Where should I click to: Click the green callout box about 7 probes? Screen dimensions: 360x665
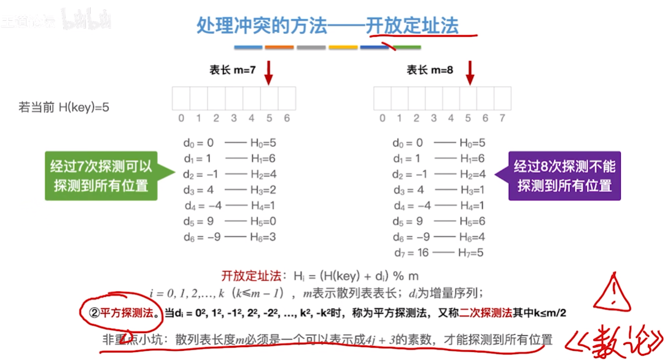click(x=101, y=176)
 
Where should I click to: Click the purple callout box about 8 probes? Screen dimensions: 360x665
click(x=564, y=176)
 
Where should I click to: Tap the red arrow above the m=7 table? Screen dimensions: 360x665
click(x=268, y=74)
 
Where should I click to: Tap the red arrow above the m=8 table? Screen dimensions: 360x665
click(x=470, y=74)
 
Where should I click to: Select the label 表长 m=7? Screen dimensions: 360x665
click(x=232, y=70)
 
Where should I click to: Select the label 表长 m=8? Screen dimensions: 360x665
click(x=430, y=70)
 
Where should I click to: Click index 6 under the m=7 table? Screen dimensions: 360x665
click(x=287, y=118)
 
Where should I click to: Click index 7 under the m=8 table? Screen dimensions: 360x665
click(x=502, y=118)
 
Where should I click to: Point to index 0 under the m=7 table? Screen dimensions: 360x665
click(x=181, y=118)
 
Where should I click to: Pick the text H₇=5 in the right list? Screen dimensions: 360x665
click(x=472, y=252)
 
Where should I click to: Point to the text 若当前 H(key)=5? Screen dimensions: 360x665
click(x=64, y=107)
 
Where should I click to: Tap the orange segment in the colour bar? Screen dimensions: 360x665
click(x=279, y=47)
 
